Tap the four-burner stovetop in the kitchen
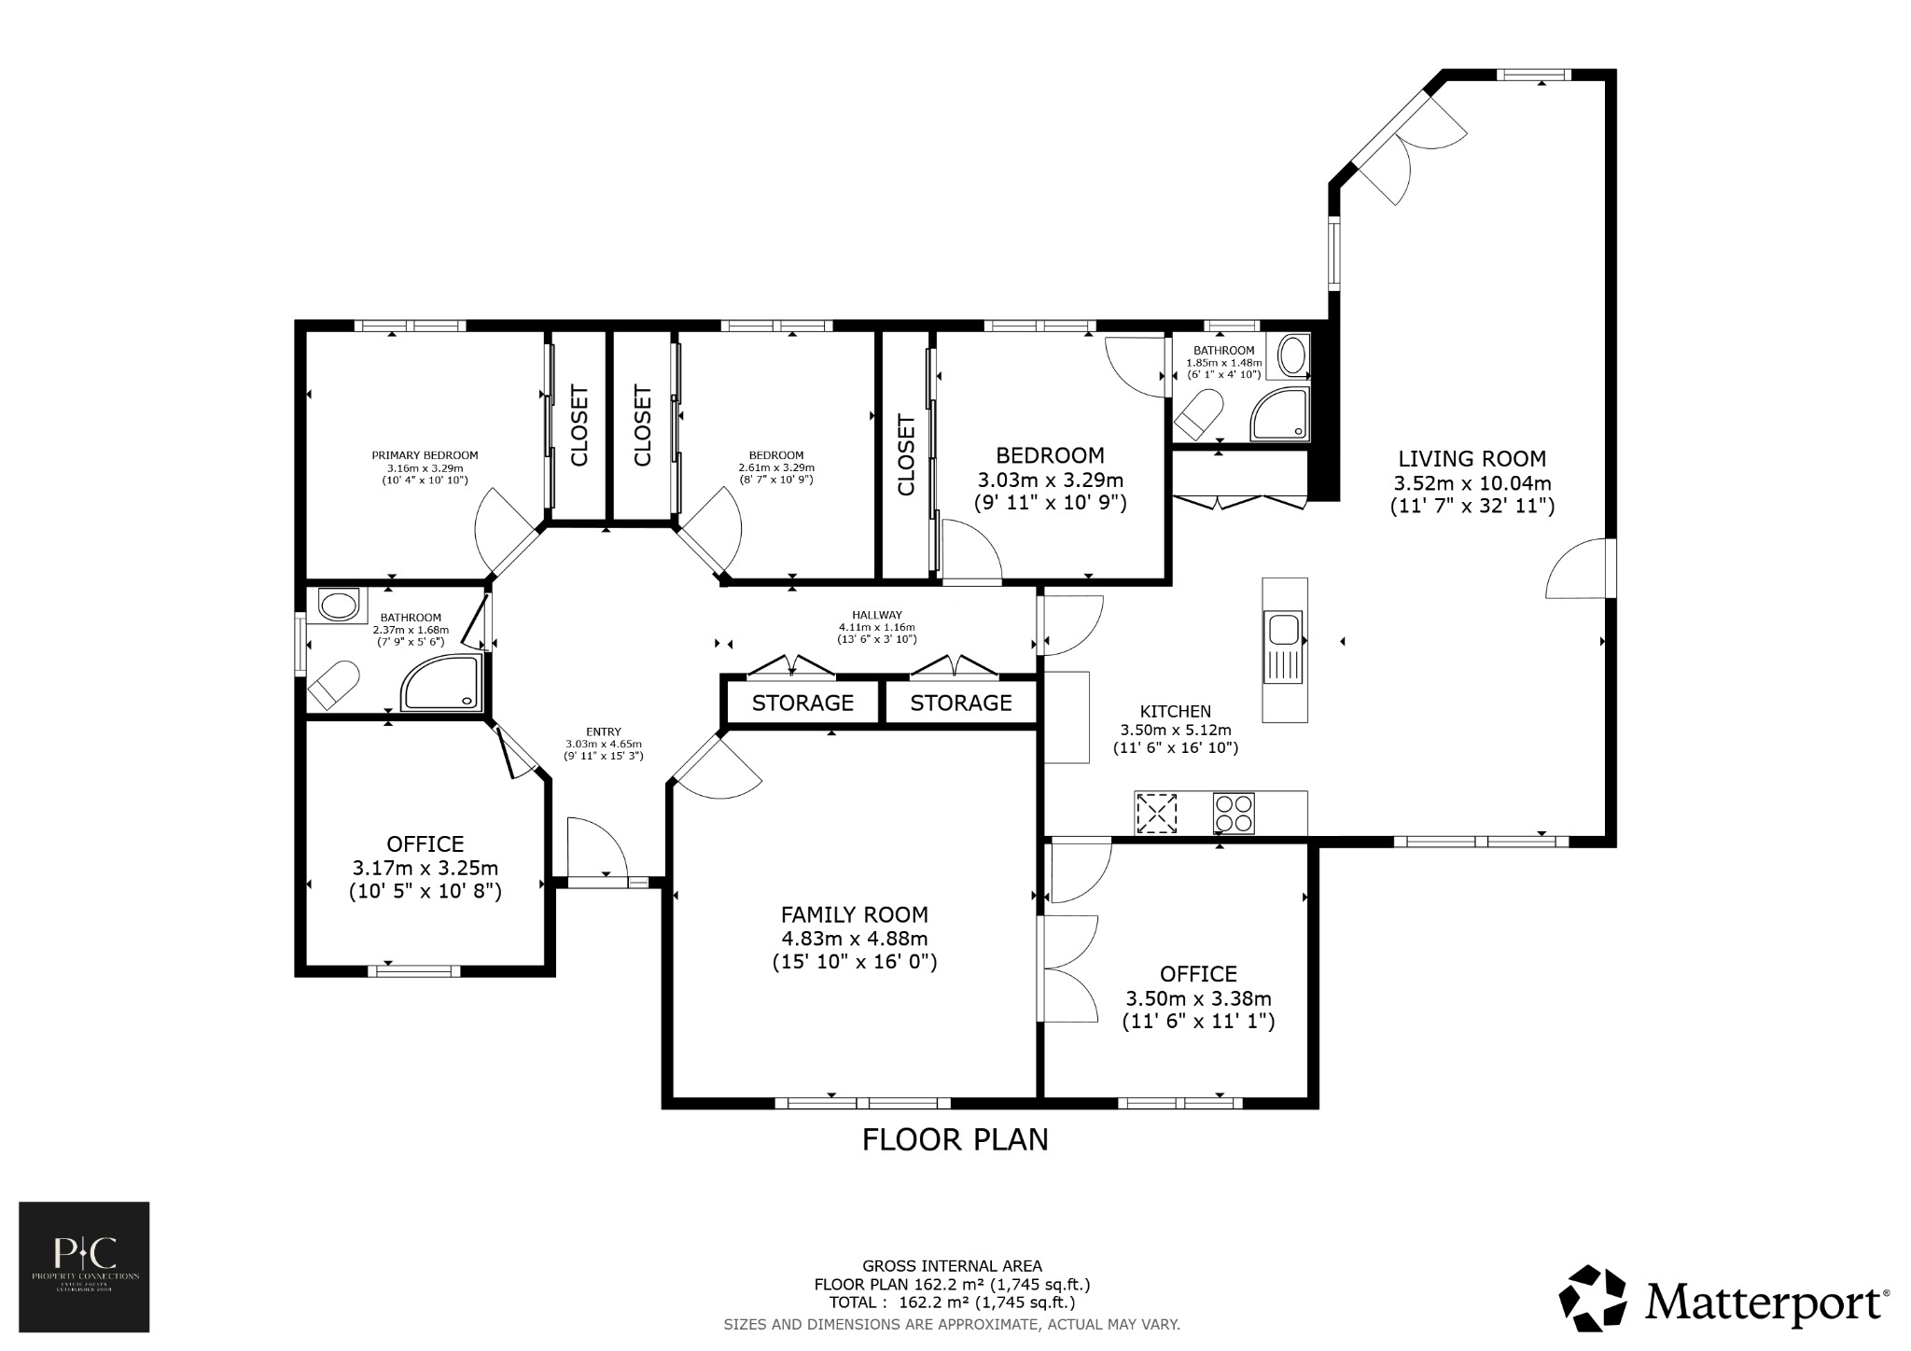point(1233,813)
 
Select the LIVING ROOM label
point(1472,459)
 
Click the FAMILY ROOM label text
point(854,915)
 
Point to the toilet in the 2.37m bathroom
point(334,686)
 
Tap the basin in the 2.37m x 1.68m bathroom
point(338,605)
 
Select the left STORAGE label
point(802,703)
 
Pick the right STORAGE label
point(960,703)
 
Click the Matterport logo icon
point(1596,1298)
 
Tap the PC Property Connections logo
point(84,1266)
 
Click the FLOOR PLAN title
point(955,1140)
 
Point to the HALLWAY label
point(876,615)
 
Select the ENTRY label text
point(603,731)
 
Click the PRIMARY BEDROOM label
point(425,455)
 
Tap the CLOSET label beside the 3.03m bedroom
point(906,455)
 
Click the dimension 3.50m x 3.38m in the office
point(1198,998)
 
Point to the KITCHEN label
point(1175,711)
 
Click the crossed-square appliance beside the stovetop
point(1156,813)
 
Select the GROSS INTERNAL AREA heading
point(952,1266)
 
